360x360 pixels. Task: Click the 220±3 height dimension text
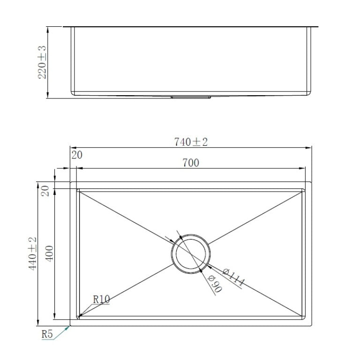tap(42, 62)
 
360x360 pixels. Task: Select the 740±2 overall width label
tap(191, 142)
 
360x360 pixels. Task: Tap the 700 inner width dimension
tap(191, 163)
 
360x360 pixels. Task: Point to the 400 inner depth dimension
tap(51, 253)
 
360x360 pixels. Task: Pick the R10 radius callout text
tap(101, 298)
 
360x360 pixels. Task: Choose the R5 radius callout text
tap(47, 334)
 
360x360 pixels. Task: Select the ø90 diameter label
tap(214, 282)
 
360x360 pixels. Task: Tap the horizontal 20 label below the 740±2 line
tap(77, 155)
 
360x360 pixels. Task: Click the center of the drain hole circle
tap(191, 253)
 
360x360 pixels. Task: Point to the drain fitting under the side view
tap(191, 97)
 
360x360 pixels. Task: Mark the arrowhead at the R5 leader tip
tap(69, 326)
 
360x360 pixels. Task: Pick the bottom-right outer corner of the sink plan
tap(311, 325)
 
